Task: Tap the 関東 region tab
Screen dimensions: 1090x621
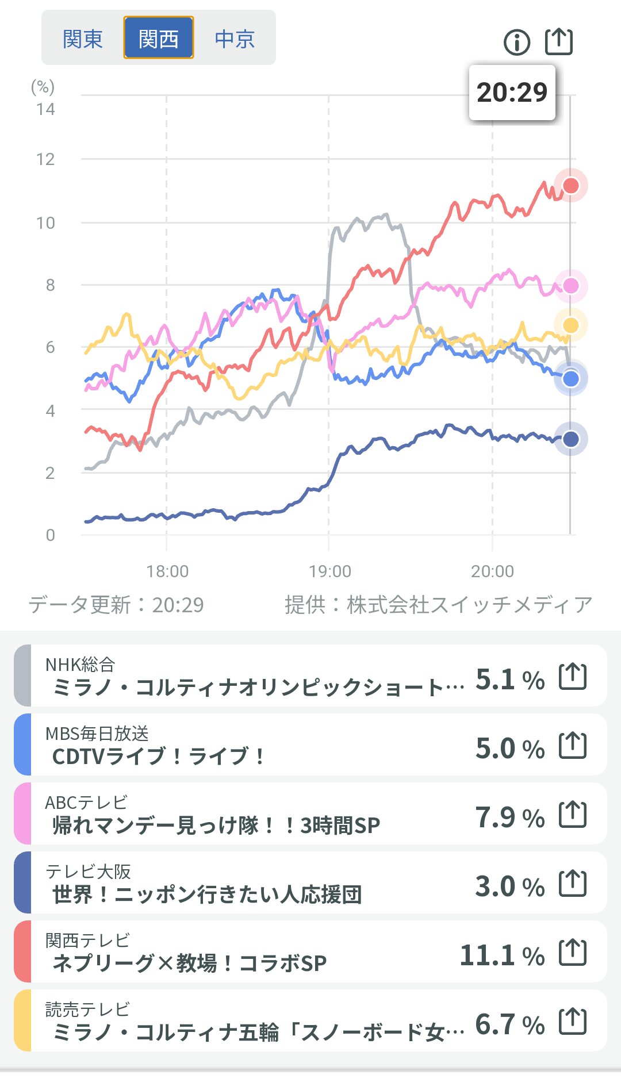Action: coord(83,39)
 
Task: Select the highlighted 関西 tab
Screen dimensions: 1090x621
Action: coord(159,38)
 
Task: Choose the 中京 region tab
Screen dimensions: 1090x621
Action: coord(235,39)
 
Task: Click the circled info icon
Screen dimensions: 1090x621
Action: coord(516,42)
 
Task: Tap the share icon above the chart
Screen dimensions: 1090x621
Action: coord(559,41)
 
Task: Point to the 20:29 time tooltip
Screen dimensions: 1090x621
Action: coord(512,93)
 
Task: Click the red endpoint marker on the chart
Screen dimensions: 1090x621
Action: coord(571,186)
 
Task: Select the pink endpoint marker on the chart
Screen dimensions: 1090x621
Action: coord(571,286)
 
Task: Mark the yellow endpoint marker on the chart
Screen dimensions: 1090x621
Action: coord(571,325)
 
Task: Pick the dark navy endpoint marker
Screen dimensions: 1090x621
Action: coord(571,439)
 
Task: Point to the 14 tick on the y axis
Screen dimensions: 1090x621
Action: coord(45,109)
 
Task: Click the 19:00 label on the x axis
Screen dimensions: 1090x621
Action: coord(329,571)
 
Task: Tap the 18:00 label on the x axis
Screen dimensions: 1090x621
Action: coord(167,571)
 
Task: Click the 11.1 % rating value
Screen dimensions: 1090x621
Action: coord(502,956)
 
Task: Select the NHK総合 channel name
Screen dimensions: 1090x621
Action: coord(80,665)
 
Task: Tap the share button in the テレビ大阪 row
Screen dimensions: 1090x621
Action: coord(573,884)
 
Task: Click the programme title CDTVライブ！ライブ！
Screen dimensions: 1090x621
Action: coord(158,756)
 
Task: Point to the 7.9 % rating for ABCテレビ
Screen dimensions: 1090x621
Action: coord(509,817)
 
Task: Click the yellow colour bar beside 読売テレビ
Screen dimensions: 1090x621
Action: coord(22,1020)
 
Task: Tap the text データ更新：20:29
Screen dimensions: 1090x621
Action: coord(116,605)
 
